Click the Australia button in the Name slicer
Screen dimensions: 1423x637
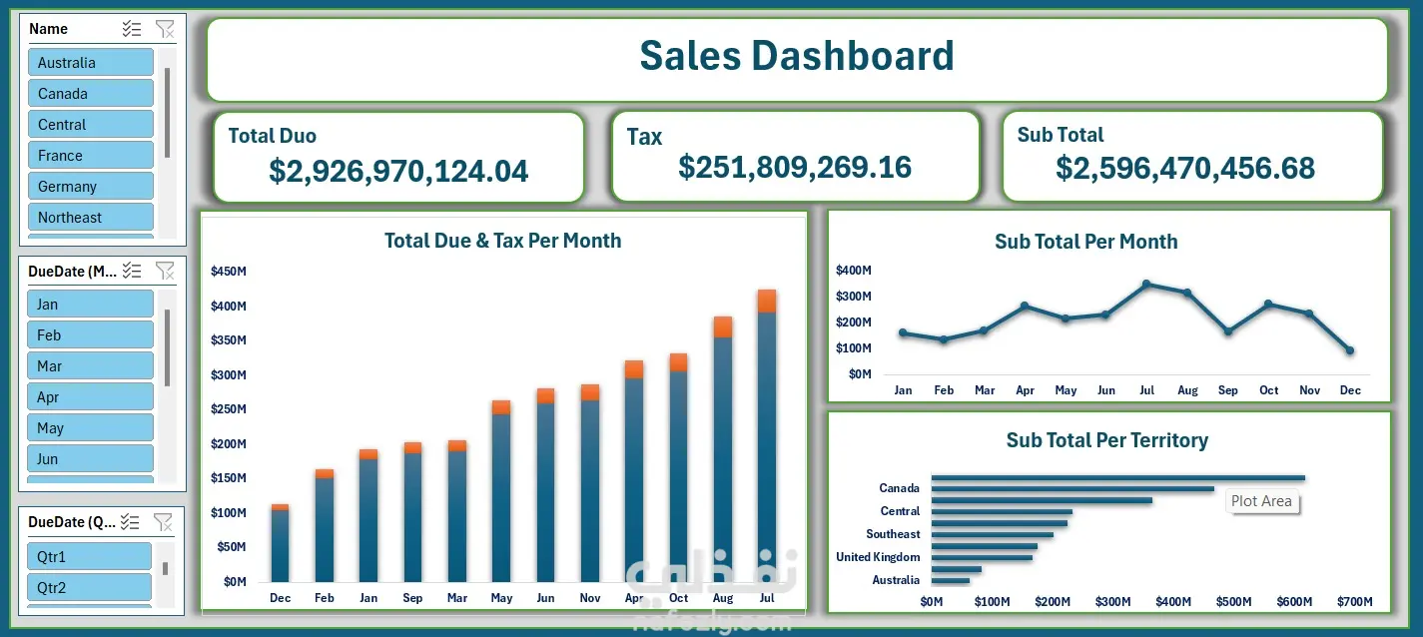click(90, 62)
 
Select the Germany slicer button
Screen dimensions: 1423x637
click(90, 186)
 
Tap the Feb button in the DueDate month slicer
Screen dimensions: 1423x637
click(90, 334)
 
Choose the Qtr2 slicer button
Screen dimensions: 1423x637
click(89, 587)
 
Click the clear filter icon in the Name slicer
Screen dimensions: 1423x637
click(165, 29)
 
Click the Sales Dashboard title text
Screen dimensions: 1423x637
click(797, 56)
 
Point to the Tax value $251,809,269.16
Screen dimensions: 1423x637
click(795, 167)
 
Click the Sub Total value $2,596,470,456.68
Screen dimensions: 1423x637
click(1184, 169)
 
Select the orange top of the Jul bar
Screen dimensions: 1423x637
click(767, 302)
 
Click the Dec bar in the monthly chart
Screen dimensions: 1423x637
click(281, 543)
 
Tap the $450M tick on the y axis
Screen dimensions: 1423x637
click(229, 272)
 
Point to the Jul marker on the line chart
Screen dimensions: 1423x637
click(1146, 284)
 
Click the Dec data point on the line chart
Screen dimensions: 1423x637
click(1350, 349)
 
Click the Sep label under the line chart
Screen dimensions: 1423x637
click(1228, 390)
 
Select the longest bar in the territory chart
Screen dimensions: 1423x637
click(1118, 477)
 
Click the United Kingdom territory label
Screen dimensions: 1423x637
click(878, 557)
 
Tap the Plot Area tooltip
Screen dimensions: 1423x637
click(1261, 501)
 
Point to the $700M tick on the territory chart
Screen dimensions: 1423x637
click(1354, 601)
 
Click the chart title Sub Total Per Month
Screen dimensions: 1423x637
click(1086, 242)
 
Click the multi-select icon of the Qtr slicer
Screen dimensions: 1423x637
click(130, 522)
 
